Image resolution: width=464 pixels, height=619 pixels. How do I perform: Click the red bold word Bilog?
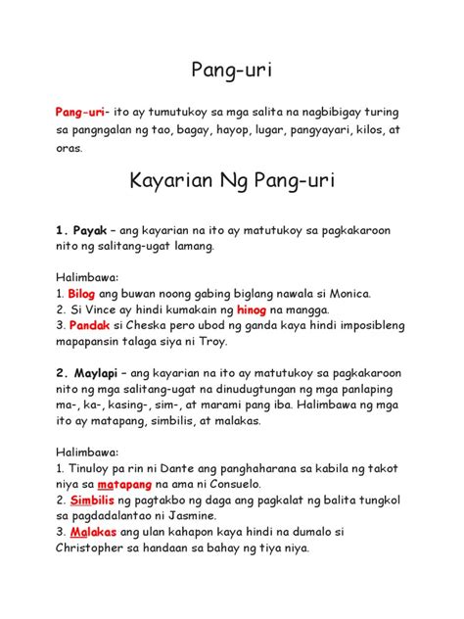click(x=85, y=292)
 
